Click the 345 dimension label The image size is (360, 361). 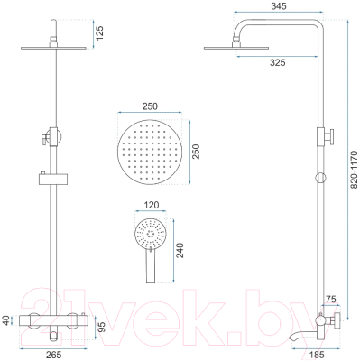pyautogui.click(x=279, y=6)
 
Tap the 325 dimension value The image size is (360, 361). pyautogui.click(x=277, y=62)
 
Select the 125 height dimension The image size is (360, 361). pyautogui.click(x=99, y=33)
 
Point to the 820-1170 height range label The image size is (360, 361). pyautogui.click(x=355, y=170)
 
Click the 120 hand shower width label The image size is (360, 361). pyautogui.click(x=151, y=205)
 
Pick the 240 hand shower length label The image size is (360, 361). pyautogui.click(x=180, y=250)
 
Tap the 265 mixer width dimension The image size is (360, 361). pyautogui.click(x=54, y=355)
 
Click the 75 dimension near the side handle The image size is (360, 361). pyautogui.click(x=331, y=300)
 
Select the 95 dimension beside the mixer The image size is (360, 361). pyautogui.click(x=102, y=327)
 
